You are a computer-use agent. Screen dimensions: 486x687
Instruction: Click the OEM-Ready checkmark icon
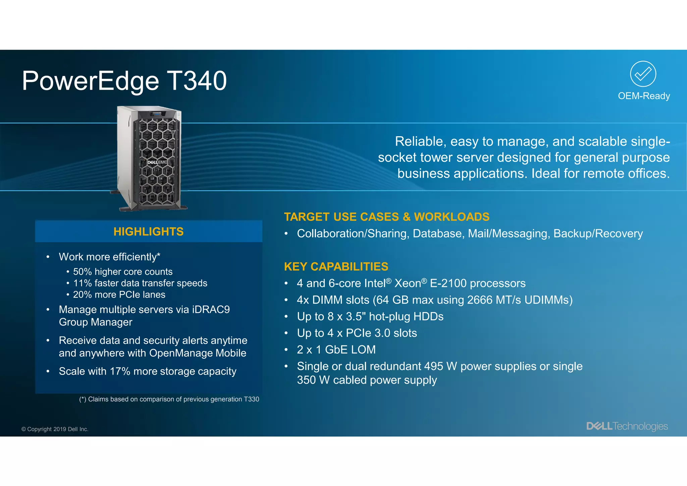coord(643,74)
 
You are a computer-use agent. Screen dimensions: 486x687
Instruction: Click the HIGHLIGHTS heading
coord(149,232)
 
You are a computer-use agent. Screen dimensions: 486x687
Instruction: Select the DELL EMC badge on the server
coord(157,162)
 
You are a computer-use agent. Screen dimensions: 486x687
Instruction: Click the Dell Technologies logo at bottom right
coord(627,426)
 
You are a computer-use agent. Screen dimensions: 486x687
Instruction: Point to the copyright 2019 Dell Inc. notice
coord(55,429)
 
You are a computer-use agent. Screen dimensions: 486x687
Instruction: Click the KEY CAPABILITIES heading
coord(336,266)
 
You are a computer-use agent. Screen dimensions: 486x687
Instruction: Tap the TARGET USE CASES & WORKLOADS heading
coord(386,217)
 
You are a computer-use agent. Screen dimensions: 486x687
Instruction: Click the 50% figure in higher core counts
coord(82,272)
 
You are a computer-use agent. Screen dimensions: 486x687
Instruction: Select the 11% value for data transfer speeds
coord(82,283)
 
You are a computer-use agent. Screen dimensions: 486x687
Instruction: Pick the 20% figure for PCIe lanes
coord(82,294)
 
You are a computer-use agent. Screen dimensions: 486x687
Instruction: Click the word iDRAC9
coord(211,309)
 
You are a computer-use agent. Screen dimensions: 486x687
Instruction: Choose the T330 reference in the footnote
coord(251,399)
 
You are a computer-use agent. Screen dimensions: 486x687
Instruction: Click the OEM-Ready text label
coord(644,96)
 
